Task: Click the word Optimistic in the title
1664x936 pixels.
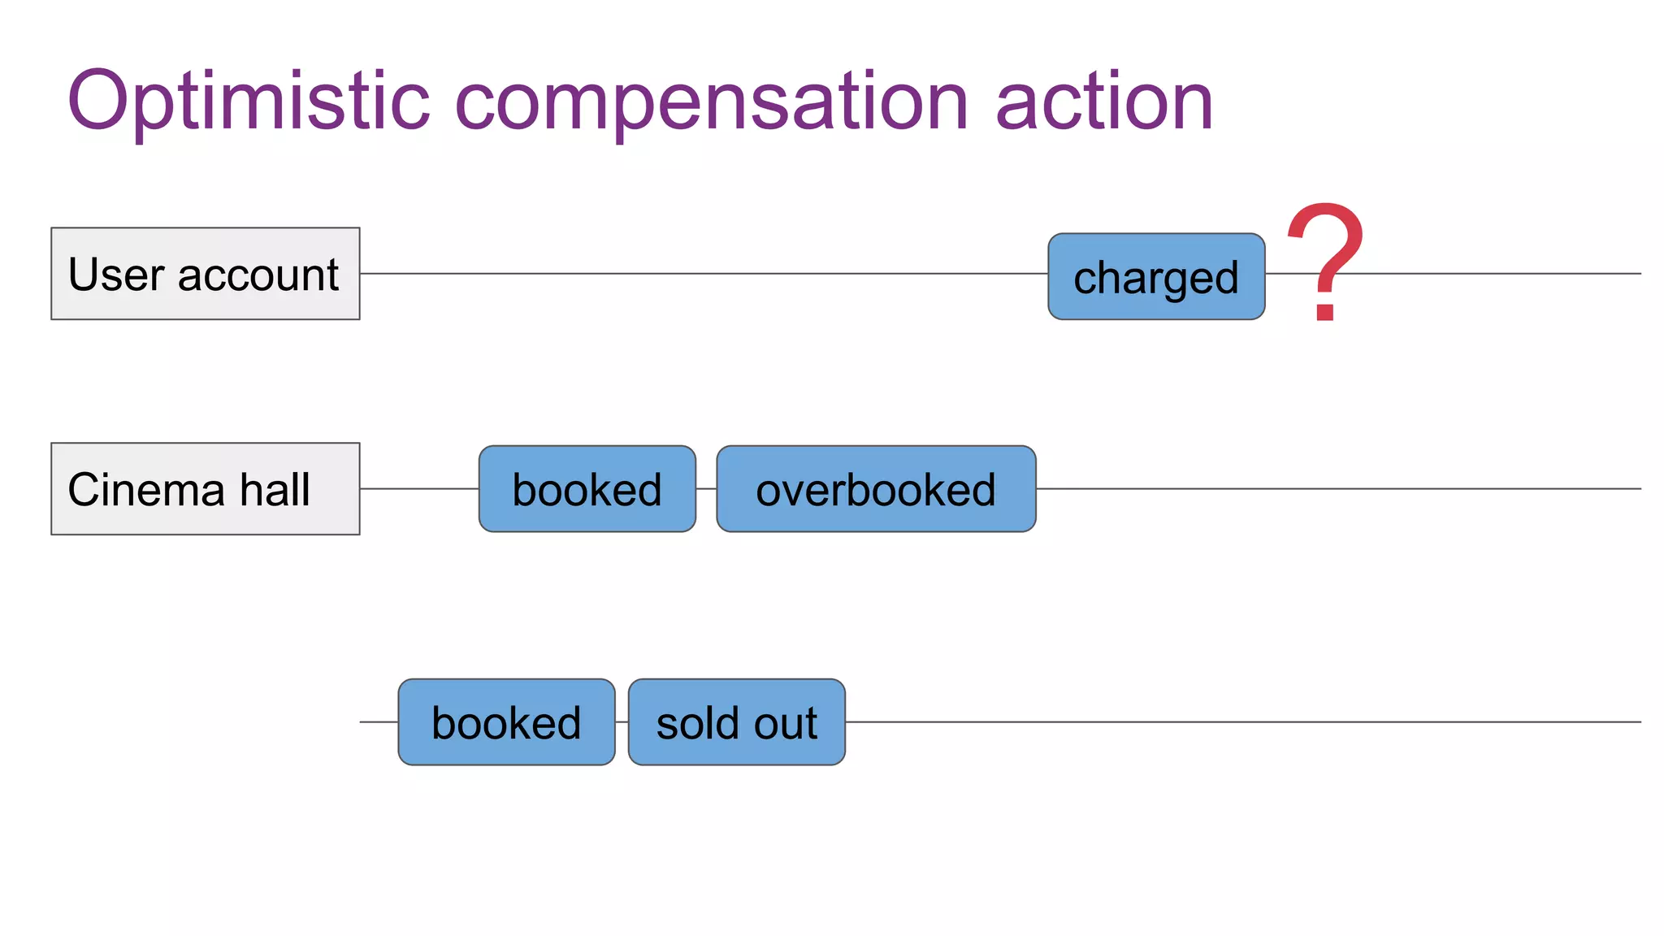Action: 248,102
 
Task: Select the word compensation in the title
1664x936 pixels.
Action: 711,102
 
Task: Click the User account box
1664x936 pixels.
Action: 205,274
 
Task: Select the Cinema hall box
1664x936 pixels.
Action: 205,489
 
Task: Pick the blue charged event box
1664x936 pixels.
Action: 1155,277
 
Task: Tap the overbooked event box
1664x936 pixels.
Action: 875,489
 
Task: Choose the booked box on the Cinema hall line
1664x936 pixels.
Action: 587,489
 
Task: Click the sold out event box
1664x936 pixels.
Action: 736,722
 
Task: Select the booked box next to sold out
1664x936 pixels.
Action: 506,722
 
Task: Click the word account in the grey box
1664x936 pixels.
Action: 258,275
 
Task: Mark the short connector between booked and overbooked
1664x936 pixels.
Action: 706,489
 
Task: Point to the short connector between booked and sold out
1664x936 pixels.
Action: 622,721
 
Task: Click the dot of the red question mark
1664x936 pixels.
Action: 1325,310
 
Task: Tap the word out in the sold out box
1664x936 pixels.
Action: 785,723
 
